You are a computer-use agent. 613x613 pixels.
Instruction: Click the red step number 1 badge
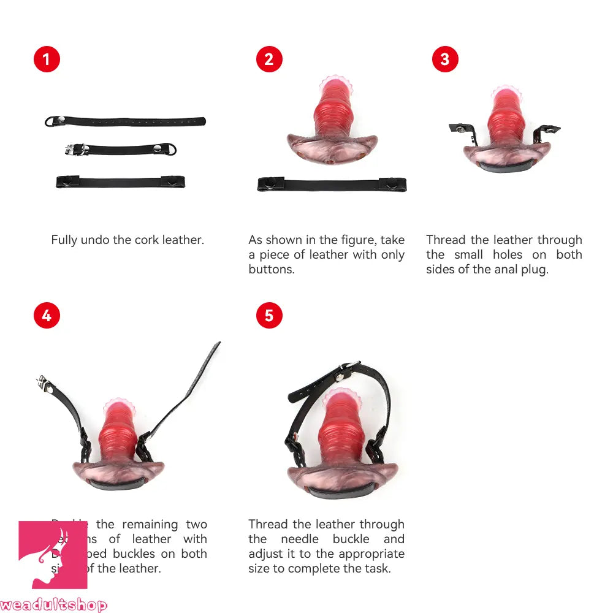pos(47,59)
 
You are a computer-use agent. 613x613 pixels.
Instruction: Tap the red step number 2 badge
pos(269,59)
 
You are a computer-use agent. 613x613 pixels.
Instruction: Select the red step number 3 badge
pos(445,59)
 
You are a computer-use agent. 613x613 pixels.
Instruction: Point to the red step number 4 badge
pos(47,316)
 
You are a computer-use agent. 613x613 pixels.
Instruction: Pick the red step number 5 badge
pos(269,316)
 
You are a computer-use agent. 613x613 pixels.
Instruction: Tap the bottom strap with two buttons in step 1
pos(121,181)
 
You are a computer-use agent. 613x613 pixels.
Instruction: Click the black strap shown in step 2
pos(332,184)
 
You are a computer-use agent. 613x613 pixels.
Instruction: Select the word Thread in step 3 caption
pos(446,240)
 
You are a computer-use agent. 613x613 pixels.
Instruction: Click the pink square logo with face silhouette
pos(53,555)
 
